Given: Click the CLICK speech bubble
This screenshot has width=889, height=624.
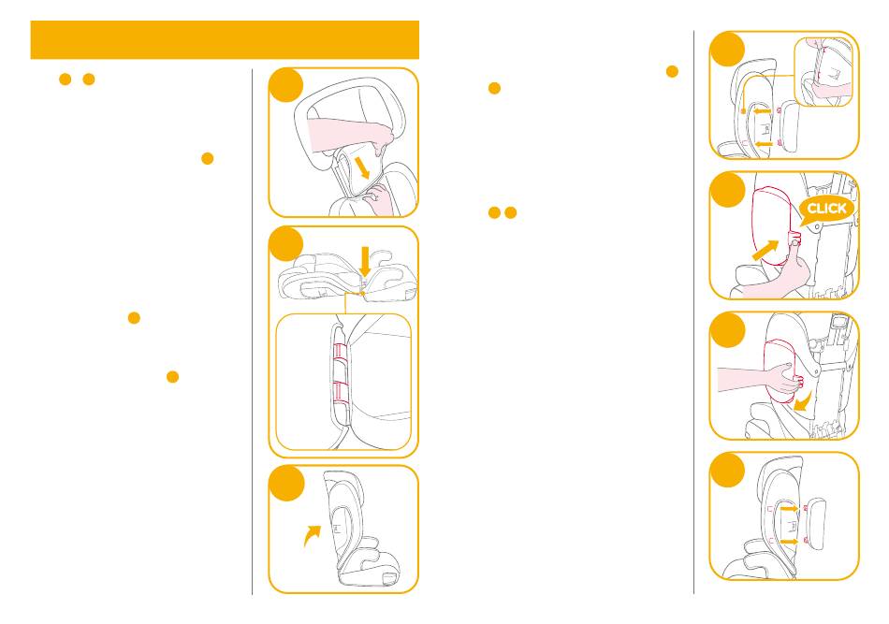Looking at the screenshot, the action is coord(825,210).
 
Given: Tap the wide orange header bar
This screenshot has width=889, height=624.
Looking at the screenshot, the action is coord(225,39).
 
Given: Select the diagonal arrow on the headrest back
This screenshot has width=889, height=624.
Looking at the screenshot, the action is coord(359,168).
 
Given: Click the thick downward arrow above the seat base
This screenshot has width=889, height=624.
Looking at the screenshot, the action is coord(366,261).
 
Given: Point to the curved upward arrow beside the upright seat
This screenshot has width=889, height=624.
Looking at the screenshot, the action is coord(312,535).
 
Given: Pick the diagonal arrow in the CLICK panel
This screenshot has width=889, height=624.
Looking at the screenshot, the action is coord(765,250).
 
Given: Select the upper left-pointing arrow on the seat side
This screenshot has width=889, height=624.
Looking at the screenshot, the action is coord(762,111).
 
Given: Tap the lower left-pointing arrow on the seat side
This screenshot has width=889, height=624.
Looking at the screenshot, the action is coord(764,144).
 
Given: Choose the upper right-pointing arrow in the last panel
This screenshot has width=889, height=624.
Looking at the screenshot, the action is coord(789,509).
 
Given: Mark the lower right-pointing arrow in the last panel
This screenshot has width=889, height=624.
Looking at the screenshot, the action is coord(789,542).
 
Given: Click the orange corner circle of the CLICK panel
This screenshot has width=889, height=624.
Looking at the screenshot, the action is coord(727,190).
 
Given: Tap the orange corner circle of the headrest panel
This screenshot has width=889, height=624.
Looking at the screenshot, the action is coord(286,85).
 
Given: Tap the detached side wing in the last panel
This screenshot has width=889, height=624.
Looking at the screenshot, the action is coord(817,523).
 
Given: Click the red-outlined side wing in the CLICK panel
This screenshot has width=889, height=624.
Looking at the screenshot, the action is coord(772,226).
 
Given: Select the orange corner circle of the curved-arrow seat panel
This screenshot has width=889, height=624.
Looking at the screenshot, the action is coord(286,484).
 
